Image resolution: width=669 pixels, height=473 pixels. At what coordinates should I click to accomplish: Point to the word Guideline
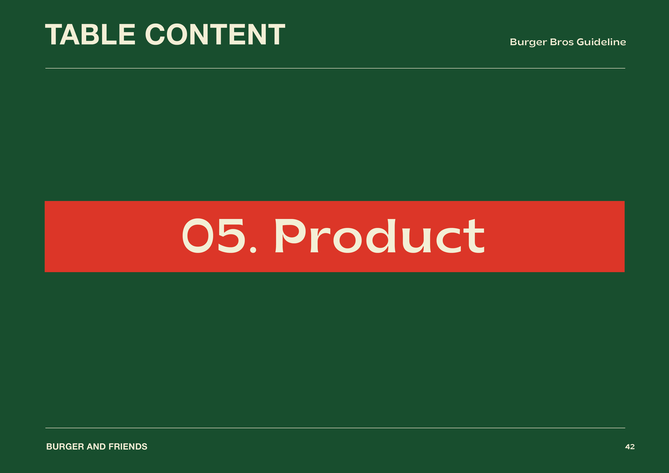tap(601, 42)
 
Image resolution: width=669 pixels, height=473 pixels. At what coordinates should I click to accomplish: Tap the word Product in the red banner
tap(380, 236)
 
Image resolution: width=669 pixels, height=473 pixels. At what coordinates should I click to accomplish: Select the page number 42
tap(630, 447)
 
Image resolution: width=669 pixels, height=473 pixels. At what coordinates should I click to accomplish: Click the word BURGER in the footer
tap(65, 447)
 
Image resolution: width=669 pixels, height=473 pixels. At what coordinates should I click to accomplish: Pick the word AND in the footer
tap(96, 447)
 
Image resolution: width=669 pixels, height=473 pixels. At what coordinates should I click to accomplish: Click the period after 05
tap(253, 250)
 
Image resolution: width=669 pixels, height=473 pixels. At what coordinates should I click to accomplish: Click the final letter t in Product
tap(474, 236)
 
